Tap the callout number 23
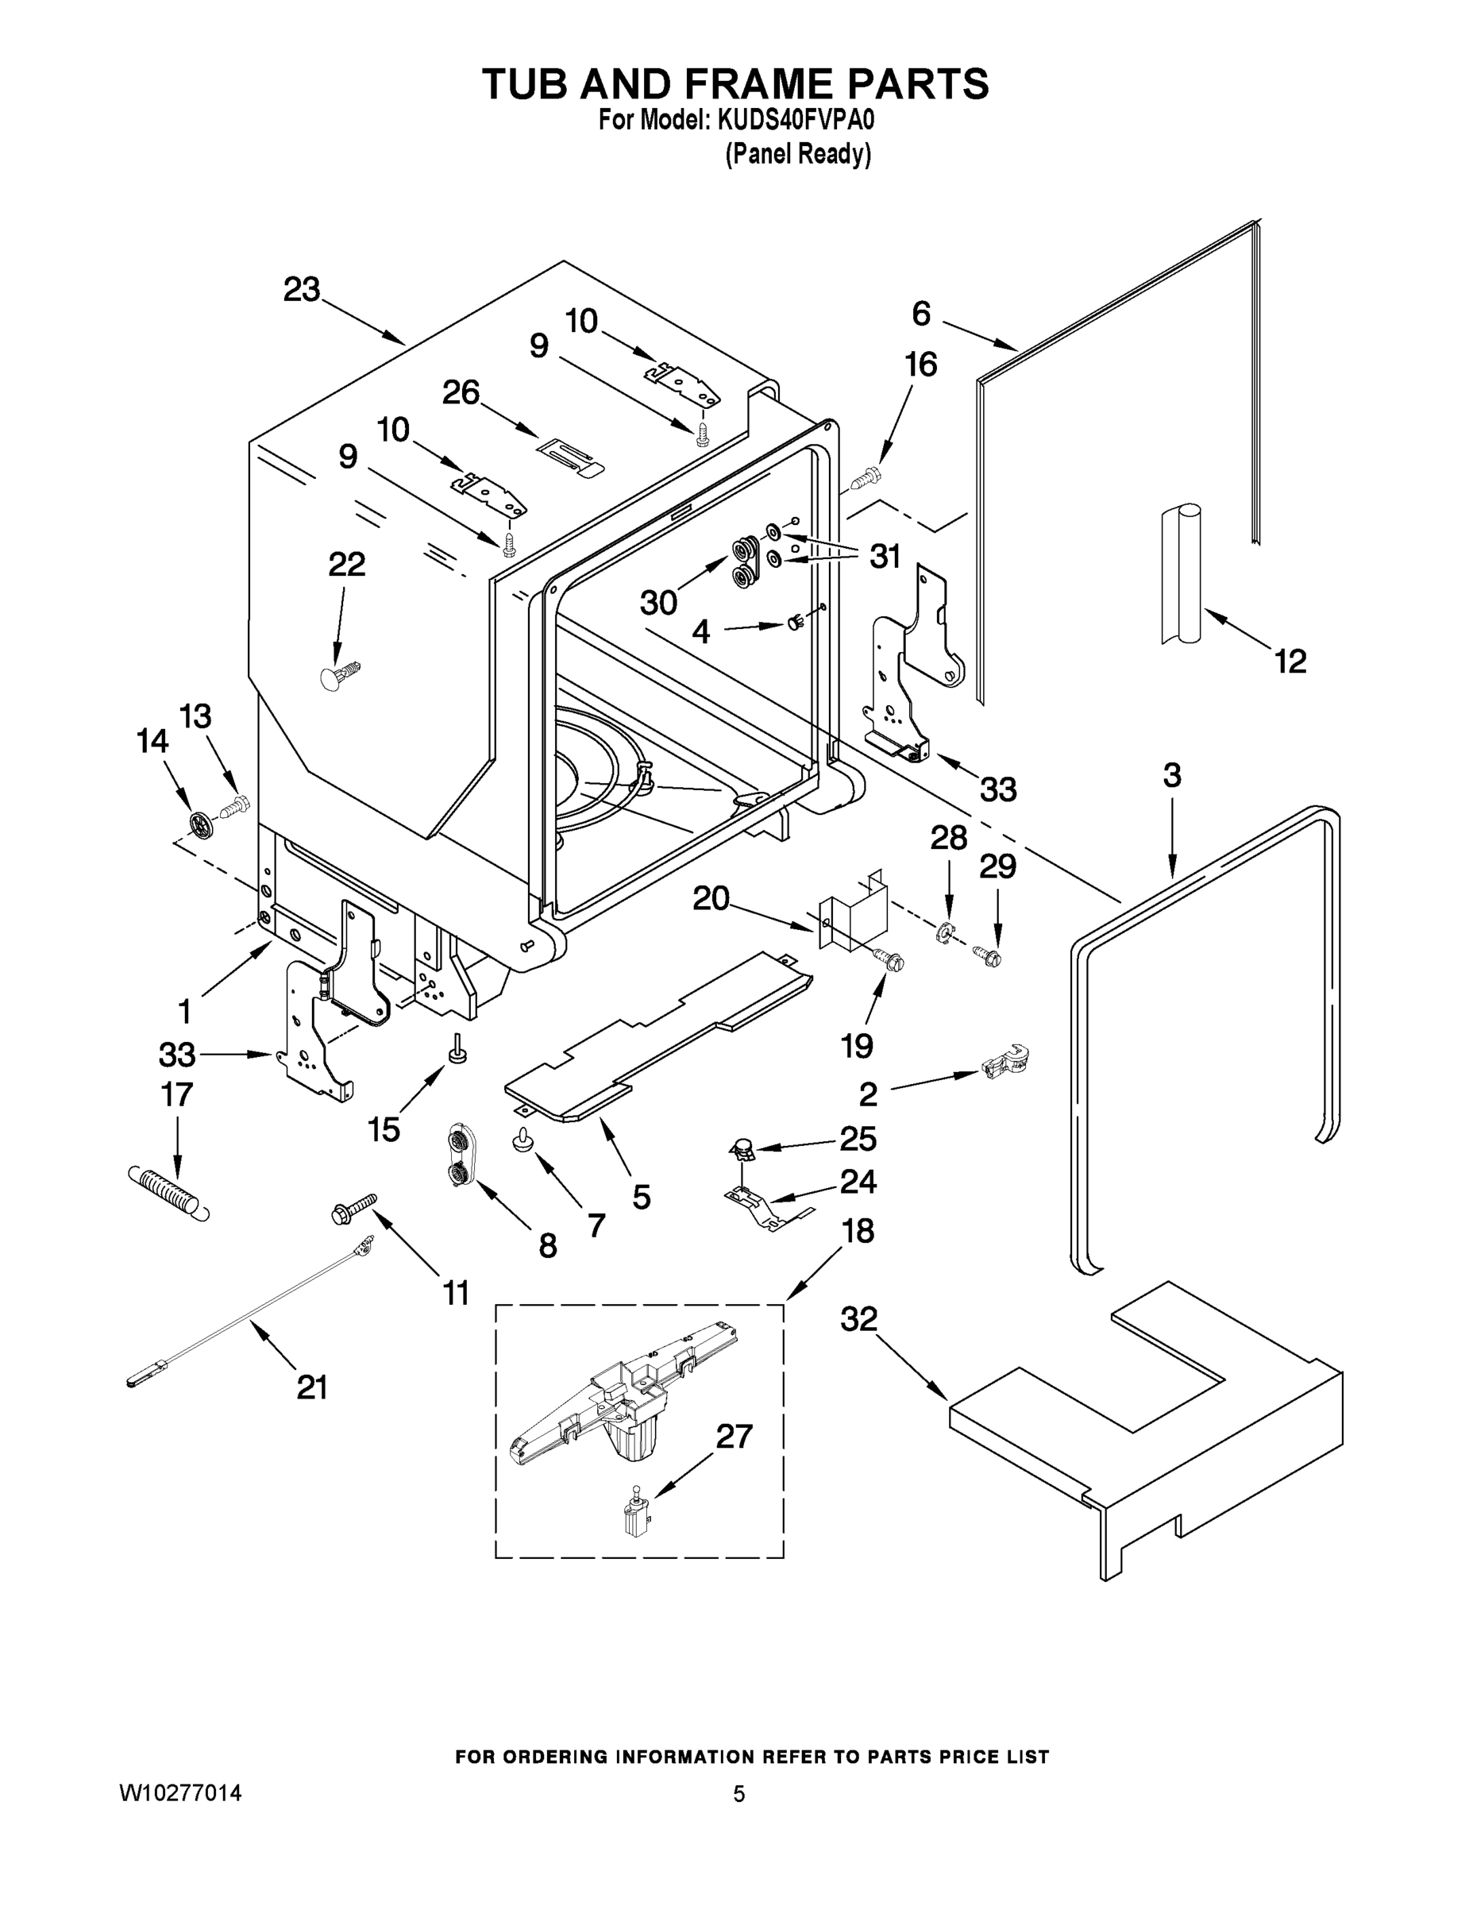(302, 290)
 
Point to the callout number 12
(1290, 661)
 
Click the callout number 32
(858, 1318)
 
